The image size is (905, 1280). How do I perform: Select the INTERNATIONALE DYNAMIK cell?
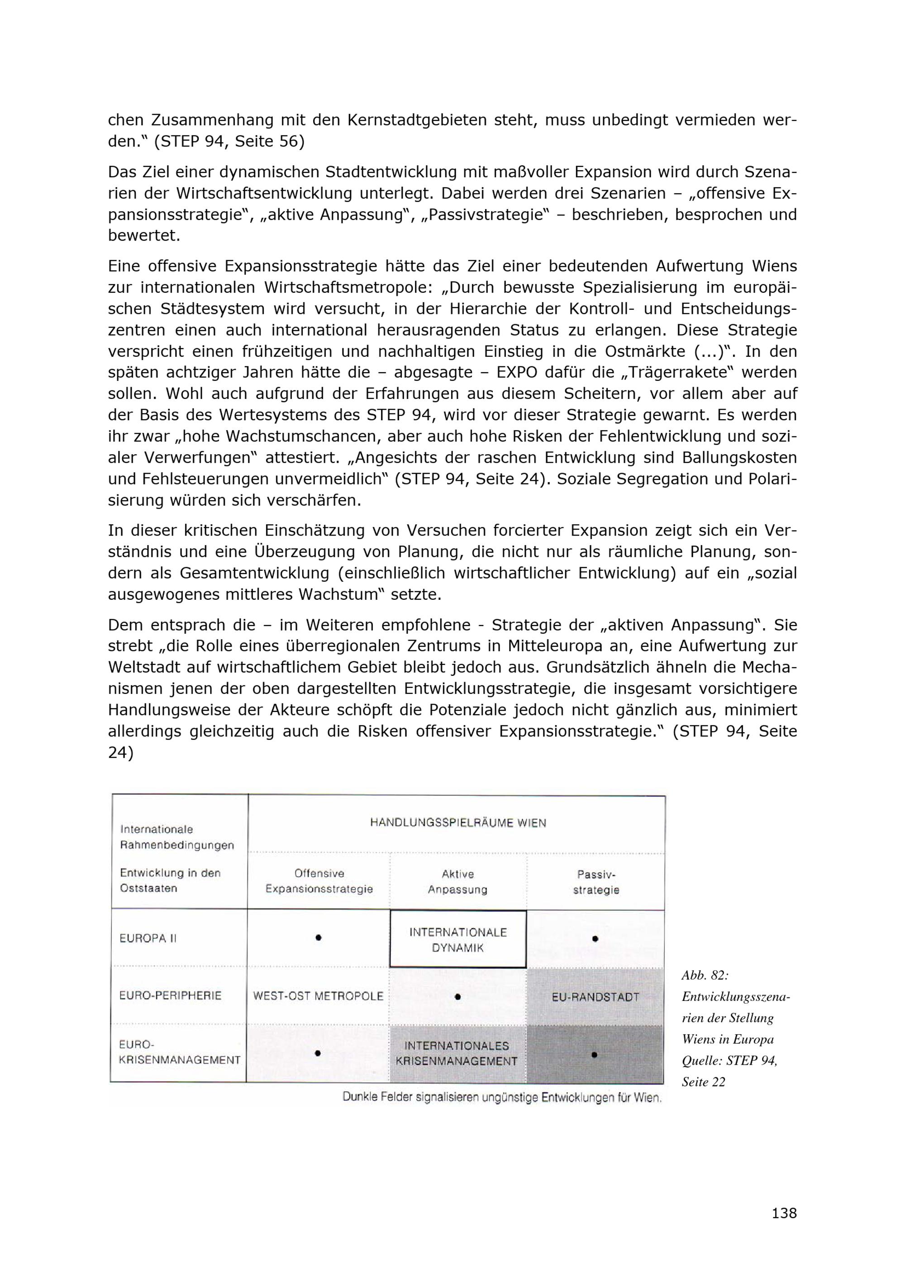point(458,940)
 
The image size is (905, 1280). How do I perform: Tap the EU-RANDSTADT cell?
point(595,997)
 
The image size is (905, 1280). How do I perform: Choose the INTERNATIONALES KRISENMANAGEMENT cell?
point(457,1054)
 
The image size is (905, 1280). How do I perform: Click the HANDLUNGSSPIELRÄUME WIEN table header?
point(458,823)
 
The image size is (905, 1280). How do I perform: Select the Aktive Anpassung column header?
point(458,882)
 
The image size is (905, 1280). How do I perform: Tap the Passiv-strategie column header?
point(596,882)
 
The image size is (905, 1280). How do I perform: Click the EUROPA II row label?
point(148,938)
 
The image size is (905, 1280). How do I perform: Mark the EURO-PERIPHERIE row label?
point(171,995)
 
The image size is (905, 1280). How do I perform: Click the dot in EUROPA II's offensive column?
point(319,938)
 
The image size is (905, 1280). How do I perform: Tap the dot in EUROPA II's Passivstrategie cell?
point(595,939)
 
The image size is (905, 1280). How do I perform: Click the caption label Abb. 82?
point(705,975)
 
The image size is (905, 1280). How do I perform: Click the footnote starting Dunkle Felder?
point(502,1097)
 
